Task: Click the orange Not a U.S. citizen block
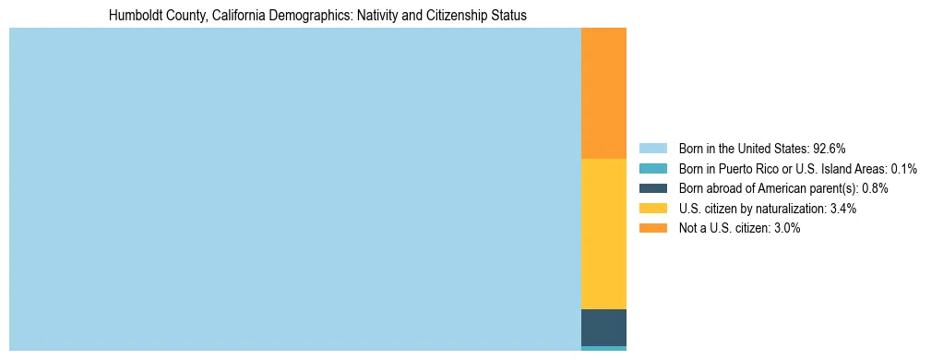pos(603,93)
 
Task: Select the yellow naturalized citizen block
pos(603,234)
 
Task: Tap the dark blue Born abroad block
pos(603,328)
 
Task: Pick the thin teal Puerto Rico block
pos(603,348)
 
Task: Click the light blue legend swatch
pos(652,149)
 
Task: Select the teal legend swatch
pos(652,169)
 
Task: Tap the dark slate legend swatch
pos(652,188)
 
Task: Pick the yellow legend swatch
pos(652,209)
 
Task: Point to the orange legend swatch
pos(652,228)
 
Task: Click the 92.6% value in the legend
pos(830,149)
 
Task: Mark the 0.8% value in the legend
pos(875,188)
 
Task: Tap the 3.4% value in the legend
pos(842,209)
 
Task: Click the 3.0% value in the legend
pos(786,228)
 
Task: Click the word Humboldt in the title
pos(134,16)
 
